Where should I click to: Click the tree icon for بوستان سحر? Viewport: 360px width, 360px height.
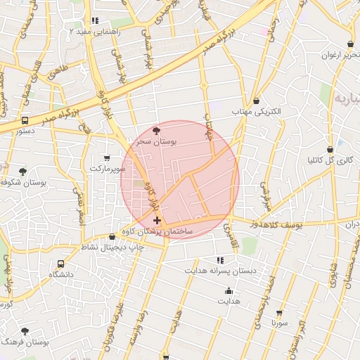[156, 130]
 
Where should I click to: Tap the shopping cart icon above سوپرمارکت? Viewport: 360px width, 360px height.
[107, 158]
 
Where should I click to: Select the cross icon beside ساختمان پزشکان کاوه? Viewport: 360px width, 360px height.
[156, 221]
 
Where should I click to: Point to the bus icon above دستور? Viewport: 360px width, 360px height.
[25, 120]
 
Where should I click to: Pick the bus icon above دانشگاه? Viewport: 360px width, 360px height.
[60, 264]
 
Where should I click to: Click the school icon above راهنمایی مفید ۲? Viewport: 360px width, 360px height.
[96, 21]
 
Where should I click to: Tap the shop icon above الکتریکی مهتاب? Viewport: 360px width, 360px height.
[256, 101]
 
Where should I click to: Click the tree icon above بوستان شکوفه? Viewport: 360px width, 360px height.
[23, 171]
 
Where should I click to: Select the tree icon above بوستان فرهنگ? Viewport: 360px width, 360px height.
[25, 330]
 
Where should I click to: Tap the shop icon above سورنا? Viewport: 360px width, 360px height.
[280, 313]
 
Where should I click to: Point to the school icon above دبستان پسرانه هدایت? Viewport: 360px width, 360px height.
[221, 259]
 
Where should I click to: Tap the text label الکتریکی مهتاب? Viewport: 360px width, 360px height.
[256, 112]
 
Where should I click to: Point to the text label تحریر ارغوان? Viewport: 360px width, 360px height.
[340, 56]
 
